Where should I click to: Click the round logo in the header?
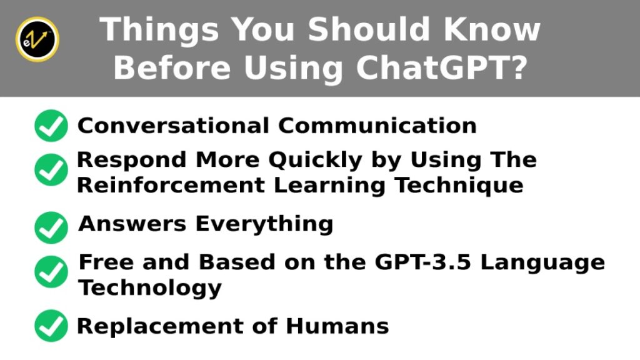click(x=37, y=39)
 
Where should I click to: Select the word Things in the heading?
click(x=159, y=30)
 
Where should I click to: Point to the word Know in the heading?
click(x=492, y=29)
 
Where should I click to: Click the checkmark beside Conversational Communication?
click(x=51, y=126)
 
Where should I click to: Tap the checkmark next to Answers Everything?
click(x=51, y=227)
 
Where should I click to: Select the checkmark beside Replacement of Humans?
click(x=51, y=326)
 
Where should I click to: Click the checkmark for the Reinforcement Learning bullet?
click(x=51, y=170)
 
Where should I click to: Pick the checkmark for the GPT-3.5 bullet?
click(x=51, y=272)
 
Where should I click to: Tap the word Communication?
click(x=377, y=125)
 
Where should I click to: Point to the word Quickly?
click(x=316, y=160)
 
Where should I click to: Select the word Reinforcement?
click(x=171, y=185)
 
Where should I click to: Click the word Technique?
click(x=459, y=186)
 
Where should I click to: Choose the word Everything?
click(x=264, y=224)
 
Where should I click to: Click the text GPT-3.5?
click(x=423, y=262)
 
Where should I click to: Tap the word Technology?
click(x=150, y=288)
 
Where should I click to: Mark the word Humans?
click(x=337, y=326)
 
